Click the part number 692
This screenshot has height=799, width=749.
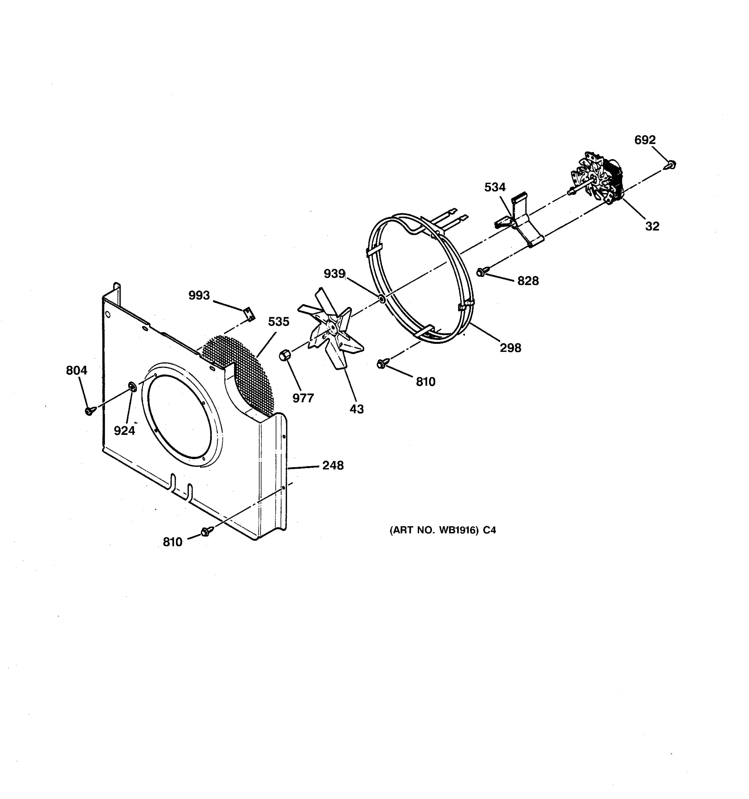644,140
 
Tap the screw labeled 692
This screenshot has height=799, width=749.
671,164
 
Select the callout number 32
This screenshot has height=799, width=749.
652,226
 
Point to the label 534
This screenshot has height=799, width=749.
495,187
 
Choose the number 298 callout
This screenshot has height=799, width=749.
510,348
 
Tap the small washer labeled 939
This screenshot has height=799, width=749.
380,299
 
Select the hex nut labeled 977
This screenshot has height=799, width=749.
285,355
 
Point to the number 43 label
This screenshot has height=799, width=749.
357,409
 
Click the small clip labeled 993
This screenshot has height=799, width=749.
250,314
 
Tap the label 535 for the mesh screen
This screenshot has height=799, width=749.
279,322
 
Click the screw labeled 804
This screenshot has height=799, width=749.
90,410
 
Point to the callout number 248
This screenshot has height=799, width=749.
333,465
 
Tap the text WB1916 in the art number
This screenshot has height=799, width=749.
458,530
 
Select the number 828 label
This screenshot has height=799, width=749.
528,281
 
